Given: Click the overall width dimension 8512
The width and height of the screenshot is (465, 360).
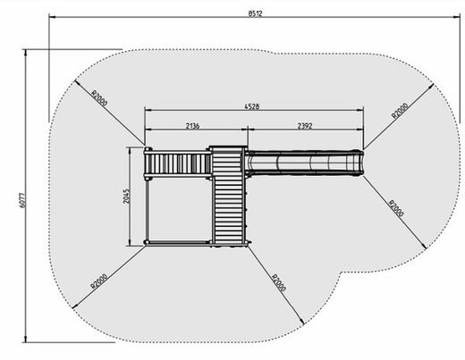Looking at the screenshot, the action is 256,13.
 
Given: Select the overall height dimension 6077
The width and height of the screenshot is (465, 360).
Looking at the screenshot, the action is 22,200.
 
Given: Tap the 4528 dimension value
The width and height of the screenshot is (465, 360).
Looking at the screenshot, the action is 252,106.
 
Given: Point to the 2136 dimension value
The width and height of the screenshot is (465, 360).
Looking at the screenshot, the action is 192,126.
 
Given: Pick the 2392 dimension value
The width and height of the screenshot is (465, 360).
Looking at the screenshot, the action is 305,126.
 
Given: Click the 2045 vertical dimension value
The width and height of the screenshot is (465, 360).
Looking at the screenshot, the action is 126,196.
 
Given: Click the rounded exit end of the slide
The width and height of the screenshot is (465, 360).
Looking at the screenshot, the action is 359,163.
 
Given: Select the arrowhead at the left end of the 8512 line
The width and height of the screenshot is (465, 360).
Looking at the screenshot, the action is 52,17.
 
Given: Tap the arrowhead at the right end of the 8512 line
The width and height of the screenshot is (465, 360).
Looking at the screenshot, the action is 457,17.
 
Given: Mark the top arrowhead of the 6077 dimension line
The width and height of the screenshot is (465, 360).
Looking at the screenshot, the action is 26,53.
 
